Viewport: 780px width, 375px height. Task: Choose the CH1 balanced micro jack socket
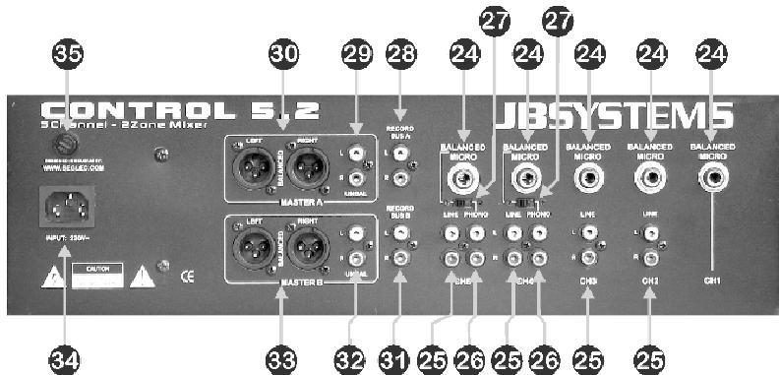coord(713,178)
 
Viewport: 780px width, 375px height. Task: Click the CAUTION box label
coord(96,267)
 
